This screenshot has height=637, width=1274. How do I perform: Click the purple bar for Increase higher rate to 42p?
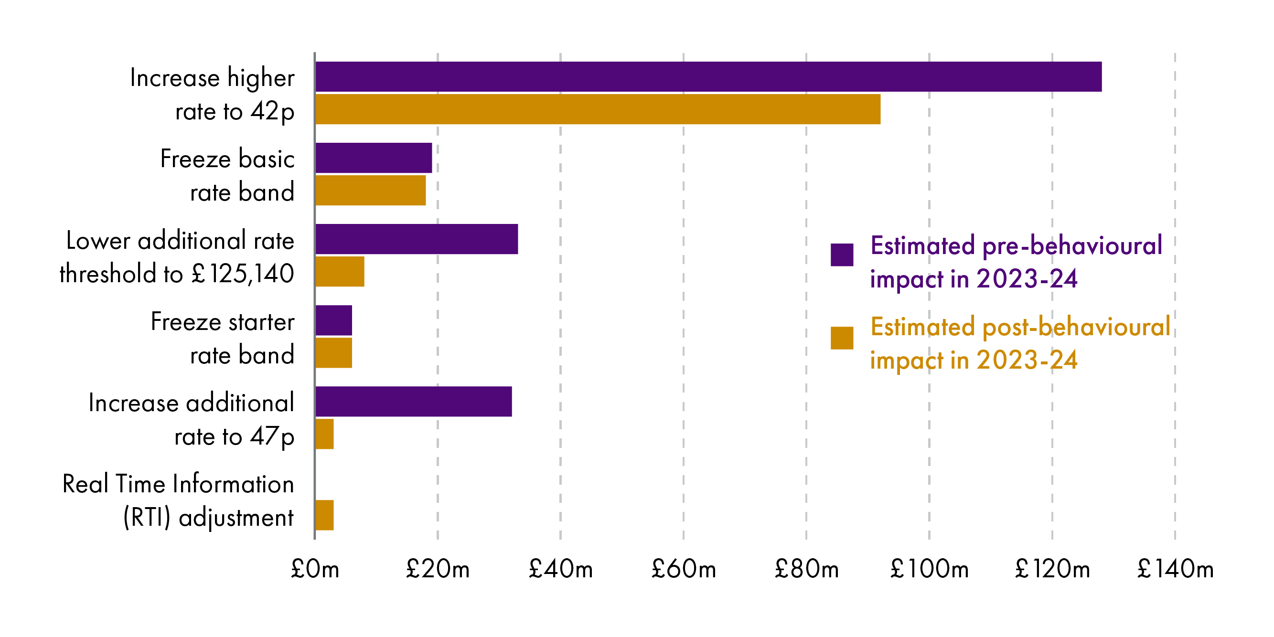(708, 77)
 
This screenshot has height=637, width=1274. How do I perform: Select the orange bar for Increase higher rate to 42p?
(598, 109)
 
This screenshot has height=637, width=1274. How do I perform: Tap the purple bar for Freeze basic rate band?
(374, 158)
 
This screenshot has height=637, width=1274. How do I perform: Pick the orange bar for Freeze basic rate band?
(370, 191)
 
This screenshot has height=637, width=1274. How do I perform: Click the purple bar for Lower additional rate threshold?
(417, 239)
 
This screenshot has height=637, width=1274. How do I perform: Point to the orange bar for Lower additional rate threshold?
(340, 272)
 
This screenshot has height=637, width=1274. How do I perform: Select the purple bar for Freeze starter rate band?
(334, 320)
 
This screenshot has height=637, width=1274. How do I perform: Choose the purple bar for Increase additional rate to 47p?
(414, 402)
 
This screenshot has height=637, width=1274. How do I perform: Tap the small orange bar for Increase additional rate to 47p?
(324, 434)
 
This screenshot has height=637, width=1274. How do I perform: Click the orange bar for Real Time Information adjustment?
(324, 515)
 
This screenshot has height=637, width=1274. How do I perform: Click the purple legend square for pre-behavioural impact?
(842, 255)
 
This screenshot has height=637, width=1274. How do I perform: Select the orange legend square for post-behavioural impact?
(842, 338)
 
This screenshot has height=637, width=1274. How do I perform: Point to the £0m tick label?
(315, 569)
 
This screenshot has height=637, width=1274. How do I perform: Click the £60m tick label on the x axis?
(684, 569)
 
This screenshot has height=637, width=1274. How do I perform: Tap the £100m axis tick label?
(929, 569)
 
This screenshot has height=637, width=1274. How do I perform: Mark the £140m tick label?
(1175, 569)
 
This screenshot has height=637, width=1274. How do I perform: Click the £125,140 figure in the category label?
(243, 274)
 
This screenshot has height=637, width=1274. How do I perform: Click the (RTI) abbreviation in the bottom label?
(147, 518)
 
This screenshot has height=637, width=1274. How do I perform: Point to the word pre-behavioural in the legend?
(1072, 246)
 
